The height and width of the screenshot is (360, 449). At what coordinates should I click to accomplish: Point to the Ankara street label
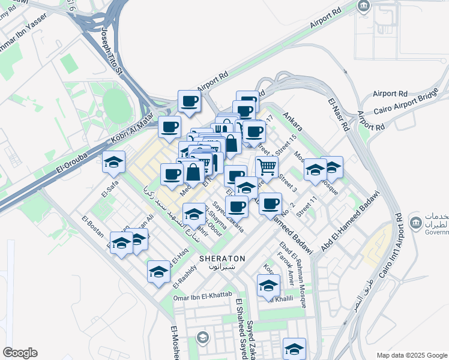tap(292, 125)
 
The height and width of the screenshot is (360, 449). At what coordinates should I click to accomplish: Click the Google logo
tap(20, 353)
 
